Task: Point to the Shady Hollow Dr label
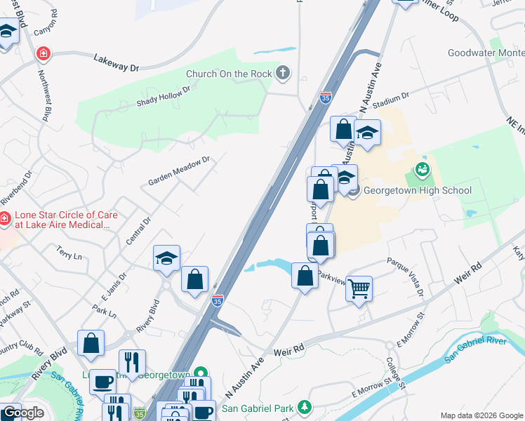[x=164, y=98]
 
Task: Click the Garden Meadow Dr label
[x=179, y=171]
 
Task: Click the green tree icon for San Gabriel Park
[x=304, y=406]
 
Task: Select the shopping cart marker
[x=359, y=288]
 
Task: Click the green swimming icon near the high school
[x=422, y=168]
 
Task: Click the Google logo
[x=23, y=413]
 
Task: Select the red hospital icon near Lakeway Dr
[x=44, y=54]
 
